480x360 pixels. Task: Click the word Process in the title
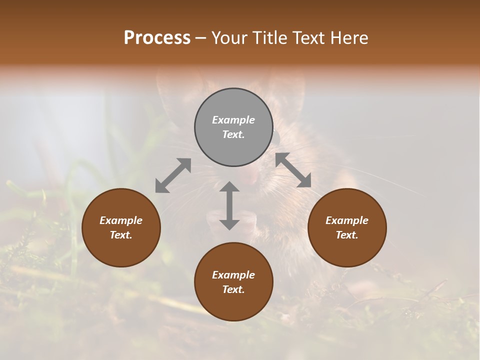pos(157,37)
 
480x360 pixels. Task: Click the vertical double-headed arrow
pos(229,205)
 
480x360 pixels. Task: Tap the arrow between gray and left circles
pos(173,175)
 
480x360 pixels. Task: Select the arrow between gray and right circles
pos(293,170)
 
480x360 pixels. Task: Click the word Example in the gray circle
pos(233,120)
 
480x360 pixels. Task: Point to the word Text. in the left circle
pos(121,235)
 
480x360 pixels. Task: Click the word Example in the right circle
pos(347,220)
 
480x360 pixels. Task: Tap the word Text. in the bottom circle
pos(233,289)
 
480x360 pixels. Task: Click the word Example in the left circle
pos(121,220)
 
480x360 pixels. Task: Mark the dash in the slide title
pos(201,38)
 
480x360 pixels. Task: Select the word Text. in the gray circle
pos(233,134)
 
